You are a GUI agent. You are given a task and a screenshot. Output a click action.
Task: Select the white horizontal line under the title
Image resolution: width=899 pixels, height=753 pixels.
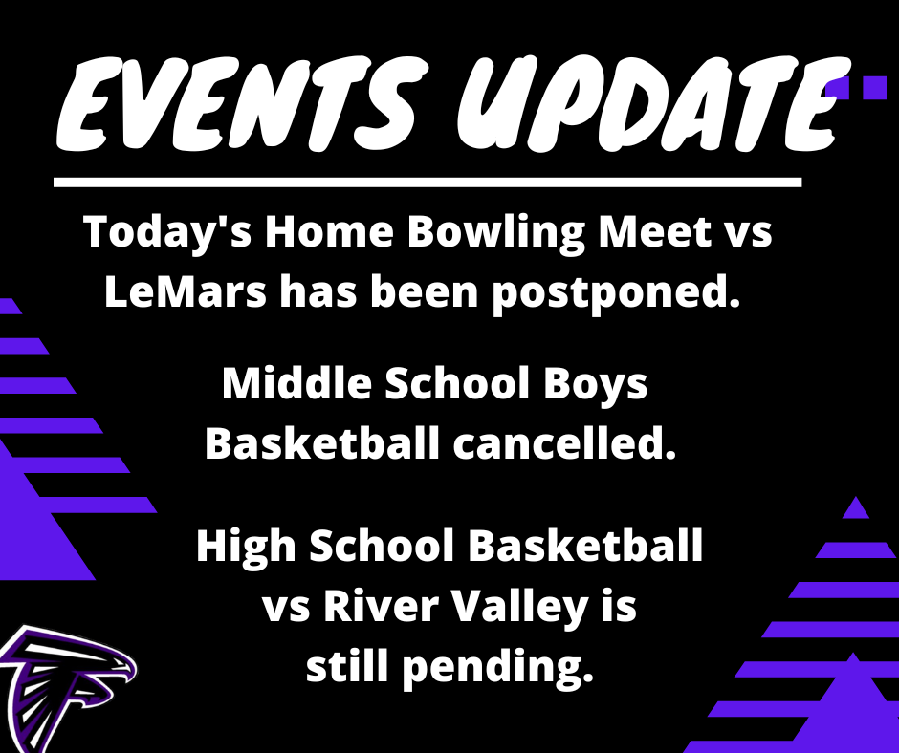(x=428, y=183)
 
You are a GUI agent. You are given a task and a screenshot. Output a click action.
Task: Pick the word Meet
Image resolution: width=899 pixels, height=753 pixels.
(x=653, y=231)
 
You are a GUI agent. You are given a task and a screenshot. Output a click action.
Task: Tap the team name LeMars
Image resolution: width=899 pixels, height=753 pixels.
(x=186, y=291)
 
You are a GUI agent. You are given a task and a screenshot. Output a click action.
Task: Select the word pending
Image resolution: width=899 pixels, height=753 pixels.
(x=497, y=669)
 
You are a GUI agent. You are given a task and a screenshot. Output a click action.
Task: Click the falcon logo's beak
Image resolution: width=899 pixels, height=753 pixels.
(x=129, y=672)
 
